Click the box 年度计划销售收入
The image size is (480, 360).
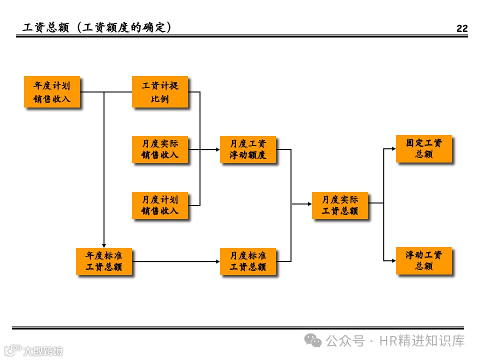coord(52,92)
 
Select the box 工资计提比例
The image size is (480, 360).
coord(160,92)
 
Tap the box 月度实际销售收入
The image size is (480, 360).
coord(160,149)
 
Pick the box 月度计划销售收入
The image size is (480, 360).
coord(160,205)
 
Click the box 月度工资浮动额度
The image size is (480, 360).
coord(248,149)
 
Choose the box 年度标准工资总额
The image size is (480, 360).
coord(104,261)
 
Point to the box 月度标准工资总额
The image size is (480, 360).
coord(248,261)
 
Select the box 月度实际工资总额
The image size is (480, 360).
coord(340,205)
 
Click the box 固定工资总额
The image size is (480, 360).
coord(424,148)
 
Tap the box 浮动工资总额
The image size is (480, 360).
coord(424,260)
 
